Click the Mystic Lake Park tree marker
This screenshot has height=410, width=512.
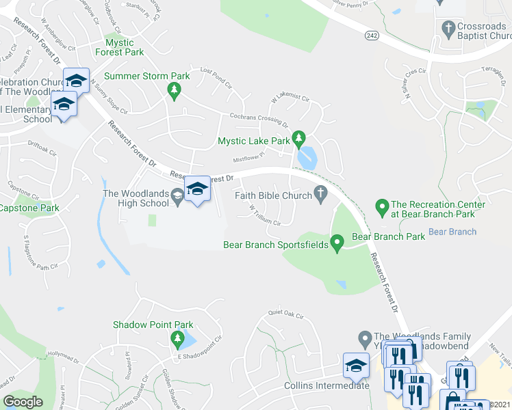point(298,139)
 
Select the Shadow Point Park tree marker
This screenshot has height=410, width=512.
point(178,338)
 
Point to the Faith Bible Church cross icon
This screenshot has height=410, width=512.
point(320,195)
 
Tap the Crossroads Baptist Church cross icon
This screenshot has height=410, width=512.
point(449,29)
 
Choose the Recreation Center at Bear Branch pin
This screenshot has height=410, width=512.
point(382,205)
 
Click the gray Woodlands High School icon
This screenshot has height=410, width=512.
point(177,195)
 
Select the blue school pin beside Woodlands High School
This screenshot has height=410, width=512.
point(198,189)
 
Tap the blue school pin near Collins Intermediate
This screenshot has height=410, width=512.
point(356,366)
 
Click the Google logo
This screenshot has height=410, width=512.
point(23,402)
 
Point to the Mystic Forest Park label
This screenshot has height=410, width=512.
point(120,47)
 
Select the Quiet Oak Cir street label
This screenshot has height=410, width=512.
point(285,314)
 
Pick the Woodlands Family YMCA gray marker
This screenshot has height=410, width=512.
point(365,338)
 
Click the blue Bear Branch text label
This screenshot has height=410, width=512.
point(452,232)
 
